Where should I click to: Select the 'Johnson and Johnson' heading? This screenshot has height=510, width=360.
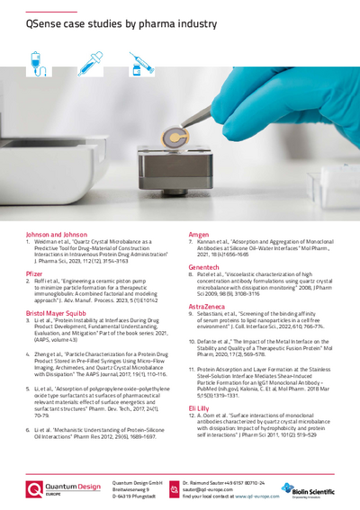(x=55, y=233)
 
